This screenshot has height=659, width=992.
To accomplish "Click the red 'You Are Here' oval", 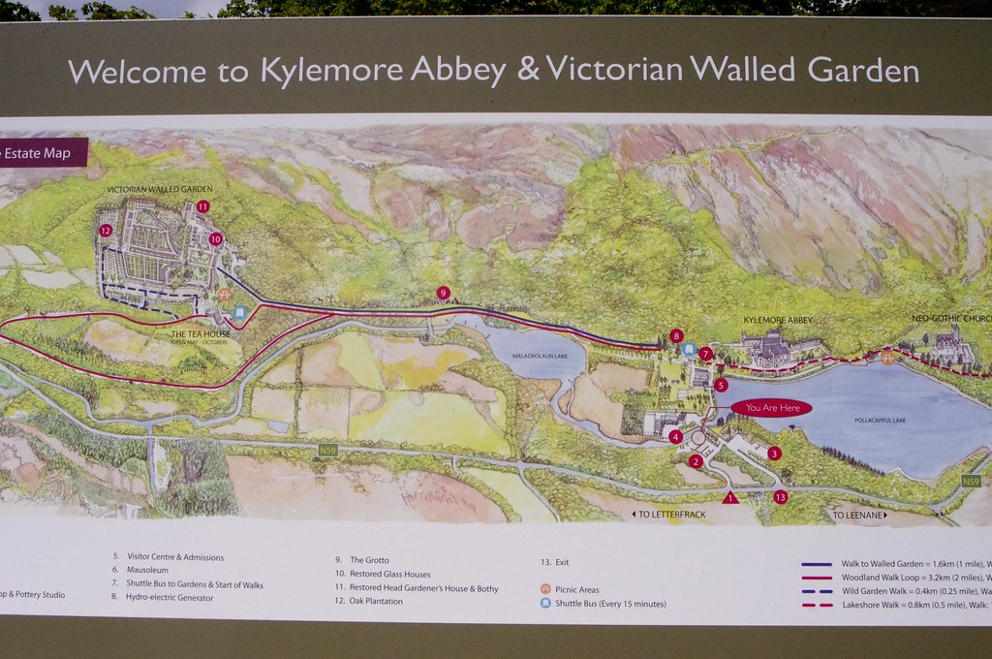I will (x=772, y=408).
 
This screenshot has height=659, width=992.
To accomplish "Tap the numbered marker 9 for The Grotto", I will (x=443, y=293).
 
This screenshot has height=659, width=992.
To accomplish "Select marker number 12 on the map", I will (x=106, y=230).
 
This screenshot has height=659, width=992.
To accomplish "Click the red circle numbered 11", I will (x=202, y=206).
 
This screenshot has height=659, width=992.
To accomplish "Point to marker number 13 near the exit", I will (x=781, y=497).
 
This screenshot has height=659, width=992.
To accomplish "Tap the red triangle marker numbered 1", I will (x=730, y=497).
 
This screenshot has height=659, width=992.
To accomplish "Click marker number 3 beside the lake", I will (x=774, y=453).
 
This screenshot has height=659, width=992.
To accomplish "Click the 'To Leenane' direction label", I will (x=858, y=515).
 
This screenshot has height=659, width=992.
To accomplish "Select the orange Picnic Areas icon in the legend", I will (x=545, y=589).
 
